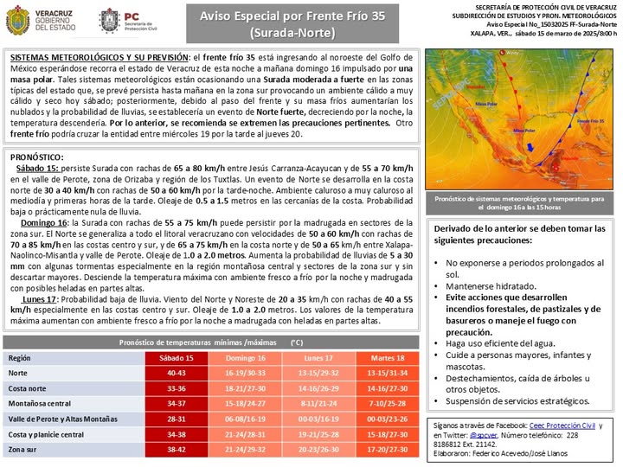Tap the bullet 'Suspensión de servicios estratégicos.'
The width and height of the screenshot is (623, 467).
point(517,400)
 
